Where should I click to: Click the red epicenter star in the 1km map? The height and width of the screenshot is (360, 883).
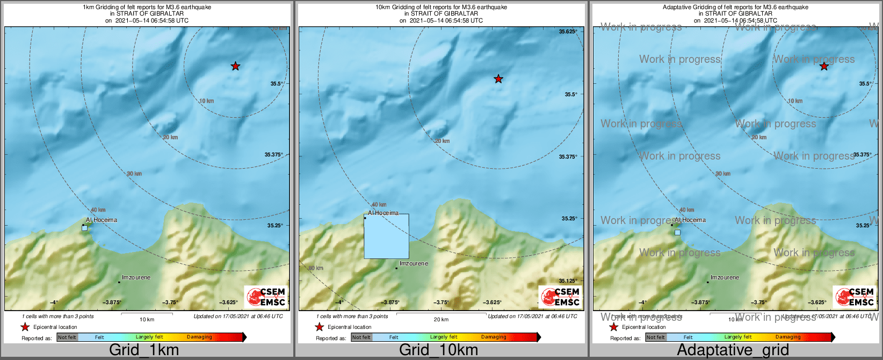click(235, 66)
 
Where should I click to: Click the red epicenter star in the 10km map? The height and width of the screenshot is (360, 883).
click(498, 79)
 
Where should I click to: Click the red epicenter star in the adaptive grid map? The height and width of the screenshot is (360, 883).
click(824, 66)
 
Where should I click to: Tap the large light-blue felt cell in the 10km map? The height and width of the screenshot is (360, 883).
click(387, 236)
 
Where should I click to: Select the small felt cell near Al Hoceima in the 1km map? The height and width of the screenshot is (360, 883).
click(84, 228)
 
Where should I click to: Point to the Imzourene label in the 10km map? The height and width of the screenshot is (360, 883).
click(414, 264)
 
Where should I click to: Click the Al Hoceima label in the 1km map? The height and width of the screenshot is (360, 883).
click(102, 220)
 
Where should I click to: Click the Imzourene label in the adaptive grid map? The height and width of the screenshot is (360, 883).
click(725, 278)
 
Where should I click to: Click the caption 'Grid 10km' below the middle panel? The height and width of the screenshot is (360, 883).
click(438, 350)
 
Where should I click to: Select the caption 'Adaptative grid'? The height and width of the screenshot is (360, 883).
click(733, 350)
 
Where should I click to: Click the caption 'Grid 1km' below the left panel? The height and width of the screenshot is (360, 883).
click(144, 350)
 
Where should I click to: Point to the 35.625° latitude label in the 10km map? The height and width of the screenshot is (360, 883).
click(568, 32)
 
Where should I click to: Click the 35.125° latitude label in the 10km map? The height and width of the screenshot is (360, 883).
click(568, 281)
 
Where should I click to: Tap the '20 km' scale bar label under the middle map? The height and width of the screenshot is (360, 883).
click(441, 320)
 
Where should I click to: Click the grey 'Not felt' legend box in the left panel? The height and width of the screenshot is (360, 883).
click(67, 337)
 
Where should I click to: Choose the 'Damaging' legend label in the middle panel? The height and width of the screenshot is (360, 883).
click(494, 337)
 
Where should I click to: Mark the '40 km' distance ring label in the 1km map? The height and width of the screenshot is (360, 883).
click(98, 210)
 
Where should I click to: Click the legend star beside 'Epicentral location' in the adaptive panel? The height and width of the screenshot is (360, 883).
click(614, 327)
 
